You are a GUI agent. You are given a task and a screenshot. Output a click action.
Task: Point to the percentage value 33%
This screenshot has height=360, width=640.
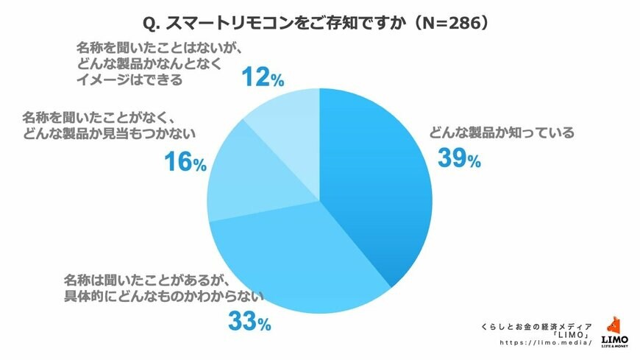pyautogui.click(x=250, y=321)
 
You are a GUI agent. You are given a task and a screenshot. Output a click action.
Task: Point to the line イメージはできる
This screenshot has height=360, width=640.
pyautogui.click(x=129, y=80)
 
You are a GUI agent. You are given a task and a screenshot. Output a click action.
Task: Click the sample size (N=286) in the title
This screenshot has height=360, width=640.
pyautogui.click(x=449, y=24)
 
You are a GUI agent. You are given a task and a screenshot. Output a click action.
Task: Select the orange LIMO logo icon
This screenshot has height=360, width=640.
pyautogui.click(x=614, y=326)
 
